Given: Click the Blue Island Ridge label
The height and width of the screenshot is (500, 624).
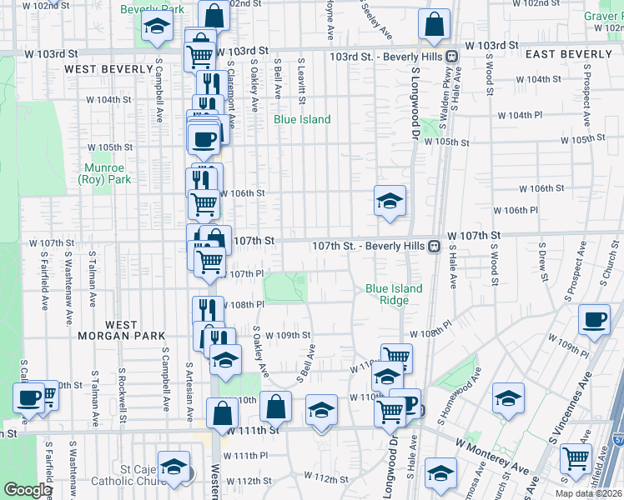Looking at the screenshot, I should tap(394, 294).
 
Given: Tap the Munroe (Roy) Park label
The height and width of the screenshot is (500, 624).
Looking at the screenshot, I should tap(105, 173).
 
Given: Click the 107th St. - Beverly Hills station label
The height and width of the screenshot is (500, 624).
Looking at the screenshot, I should tap(368, 247).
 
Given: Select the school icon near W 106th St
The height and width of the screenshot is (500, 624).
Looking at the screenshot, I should tap(390, 201).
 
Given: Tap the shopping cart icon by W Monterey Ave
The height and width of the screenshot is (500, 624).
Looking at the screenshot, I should tap(576, 457).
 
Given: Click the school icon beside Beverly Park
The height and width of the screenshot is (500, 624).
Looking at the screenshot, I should tap(157, 26).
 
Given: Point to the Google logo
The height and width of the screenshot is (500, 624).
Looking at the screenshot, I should tap(27, 490).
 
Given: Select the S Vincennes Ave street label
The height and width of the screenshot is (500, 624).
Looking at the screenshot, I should tap(571, 407).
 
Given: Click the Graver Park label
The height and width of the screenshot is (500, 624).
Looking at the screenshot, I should tap(602, 16).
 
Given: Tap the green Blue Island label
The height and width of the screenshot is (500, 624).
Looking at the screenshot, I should tap(302, 119).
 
